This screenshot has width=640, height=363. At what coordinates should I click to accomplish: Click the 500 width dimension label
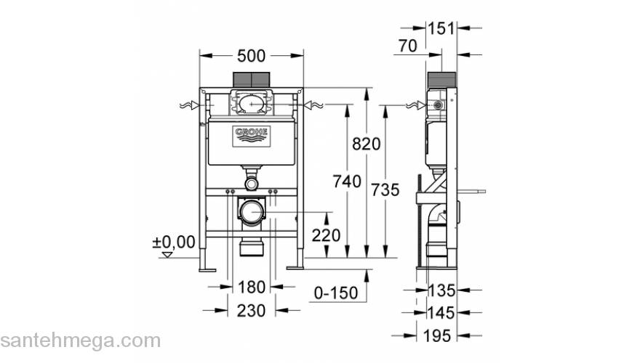pyautogui.click(x=251, y=56)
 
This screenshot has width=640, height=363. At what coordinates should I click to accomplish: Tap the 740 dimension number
pyautogui.click(x=348, y=181)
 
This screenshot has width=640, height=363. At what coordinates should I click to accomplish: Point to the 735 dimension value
pyautogui.click(x=385, y=190)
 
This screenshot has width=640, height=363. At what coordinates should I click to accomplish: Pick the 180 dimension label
pyautogui.click(x=251, y=288)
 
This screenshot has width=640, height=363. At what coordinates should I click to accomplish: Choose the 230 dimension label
pyautogui.click(x=251, y=310)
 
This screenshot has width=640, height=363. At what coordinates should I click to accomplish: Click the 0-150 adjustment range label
pyautogui.click(x=335, y=293)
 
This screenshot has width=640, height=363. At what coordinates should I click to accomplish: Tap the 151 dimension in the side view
pyautogui.click(x=440, y=29)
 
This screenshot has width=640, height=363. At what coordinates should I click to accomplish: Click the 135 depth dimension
pyautogui.click(x=441, y=291)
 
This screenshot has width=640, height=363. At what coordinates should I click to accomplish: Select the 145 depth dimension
pyautogui.click(x=441, y=313)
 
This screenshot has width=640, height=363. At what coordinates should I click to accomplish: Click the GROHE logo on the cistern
pyautogui.click(x=251, y=134)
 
